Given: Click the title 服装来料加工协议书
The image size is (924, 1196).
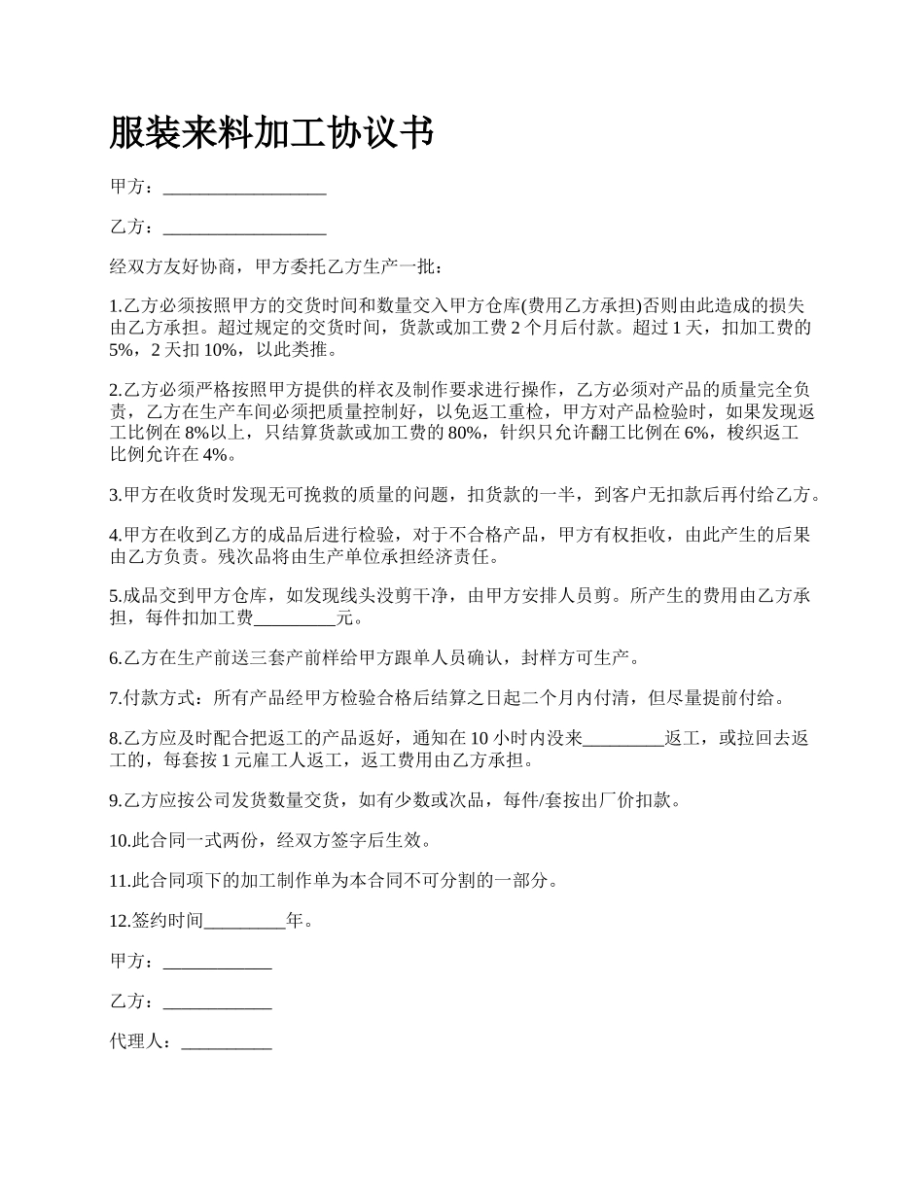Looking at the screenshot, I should (271, 132).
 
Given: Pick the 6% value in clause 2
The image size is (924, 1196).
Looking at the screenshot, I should (697, 433).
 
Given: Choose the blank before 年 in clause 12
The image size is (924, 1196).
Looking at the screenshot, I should (245, 921).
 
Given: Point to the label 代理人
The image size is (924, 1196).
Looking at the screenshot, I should (140, 1042).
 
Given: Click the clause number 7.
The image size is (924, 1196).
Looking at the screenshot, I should (115, 698).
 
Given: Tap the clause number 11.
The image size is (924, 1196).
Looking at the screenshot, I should (119, 881).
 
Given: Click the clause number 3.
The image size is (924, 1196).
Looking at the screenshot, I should (115, 495).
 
